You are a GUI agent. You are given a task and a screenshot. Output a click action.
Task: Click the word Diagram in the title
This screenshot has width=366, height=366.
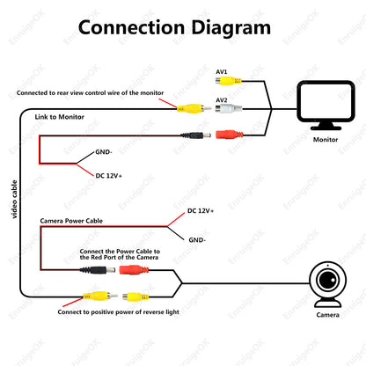(231, 28)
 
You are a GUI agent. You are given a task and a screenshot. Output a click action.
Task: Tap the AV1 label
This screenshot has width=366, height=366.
(222, 72)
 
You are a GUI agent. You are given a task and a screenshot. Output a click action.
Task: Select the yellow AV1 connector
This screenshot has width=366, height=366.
(228, 81)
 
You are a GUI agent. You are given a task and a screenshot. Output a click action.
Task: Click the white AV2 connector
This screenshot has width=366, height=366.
(229, 109)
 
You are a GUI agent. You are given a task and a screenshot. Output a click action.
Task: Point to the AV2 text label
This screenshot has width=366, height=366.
(222, 100)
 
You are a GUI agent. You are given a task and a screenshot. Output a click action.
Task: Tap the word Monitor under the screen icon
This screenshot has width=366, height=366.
(326, 140)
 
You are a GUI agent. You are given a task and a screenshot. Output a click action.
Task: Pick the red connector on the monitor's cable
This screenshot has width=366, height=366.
(230, 135)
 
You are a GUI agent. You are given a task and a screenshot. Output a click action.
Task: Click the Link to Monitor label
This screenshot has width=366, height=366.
(60, 117)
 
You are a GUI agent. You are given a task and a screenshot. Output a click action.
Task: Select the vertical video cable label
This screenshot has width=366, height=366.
(14, 199)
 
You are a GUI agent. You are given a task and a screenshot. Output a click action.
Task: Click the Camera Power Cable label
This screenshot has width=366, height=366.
(71, 221)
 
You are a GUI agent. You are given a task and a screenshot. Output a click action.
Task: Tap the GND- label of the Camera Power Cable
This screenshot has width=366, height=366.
(197, 240)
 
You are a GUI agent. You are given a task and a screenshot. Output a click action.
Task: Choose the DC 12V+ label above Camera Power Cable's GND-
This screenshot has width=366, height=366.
(201, 211)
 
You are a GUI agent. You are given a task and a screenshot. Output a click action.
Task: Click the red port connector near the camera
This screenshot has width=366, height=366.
(134, 269)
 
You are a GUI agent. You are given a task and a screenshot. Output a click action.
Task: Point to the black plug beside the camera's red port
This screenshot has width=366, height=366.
(98, 270)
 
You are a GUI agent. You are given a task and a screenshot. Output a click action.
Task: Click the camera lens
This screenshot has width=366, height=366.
(328, 280)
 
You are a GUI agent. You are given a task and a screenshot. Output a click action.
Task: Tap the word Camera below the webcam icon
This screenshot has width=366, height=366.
(328, 315)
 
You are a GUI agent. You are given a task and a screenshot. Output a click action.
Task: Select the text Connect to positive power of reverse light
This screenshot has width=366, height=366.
(118, 312)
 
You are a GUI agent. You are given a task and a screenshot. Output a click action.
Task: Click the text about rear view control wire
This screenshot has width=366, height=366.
(90, 93)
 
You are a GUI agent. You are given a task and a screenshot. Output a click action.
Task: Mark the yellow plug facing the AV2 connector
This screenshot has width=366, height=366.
(194, 109)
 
